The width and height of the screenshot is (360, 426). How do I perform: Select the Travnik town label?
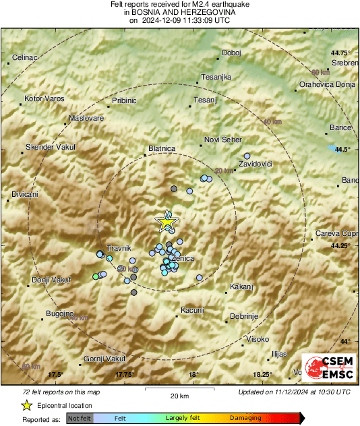tap(119, 248)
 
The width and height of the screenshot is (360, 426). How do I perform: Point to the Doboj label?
tap(231, 53)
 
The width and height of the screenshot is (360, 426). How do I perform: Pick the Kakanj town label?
tap(241, 287)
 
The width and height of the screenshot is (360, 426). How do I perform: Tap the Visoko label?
tap(258, 338)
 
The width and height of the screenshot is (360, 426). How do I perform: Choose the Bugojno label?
tap(59, 314)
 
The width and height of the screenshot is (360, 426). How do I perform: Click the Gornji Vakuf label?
tap(104, 359)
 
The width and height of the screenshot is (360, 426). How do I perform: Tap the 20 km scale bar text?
tap(179, 395)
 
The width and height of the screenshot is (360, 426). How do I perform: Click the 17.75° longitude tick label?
tap(124, 374)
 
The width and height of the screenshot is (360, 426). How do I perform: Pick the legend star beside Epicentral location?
tap(26, 405)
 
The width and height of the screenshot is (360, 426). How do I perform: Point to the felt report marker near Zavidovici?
tap(247, 155)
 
